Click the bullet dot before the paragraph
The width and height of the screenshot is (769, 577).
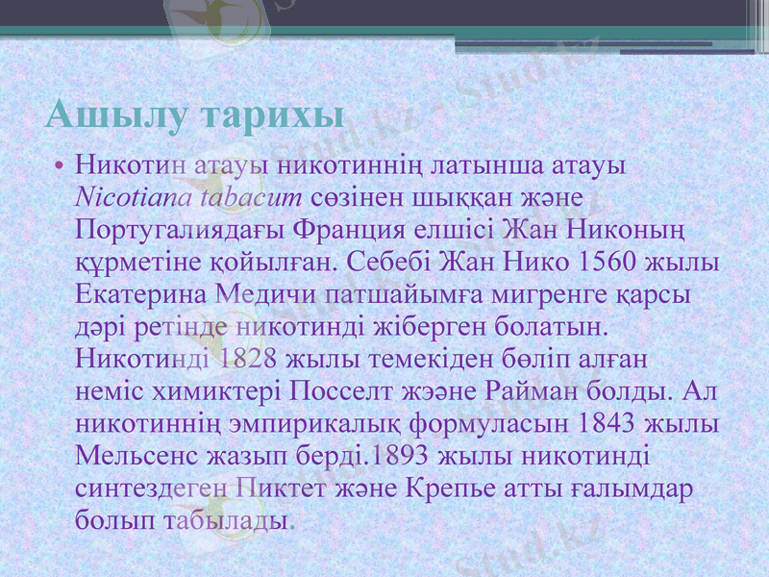(60, 166)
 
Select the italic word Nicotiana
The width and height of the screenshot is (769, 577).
(134, 198)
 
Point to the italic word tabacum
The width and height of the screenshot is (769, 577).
(251, 198)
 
